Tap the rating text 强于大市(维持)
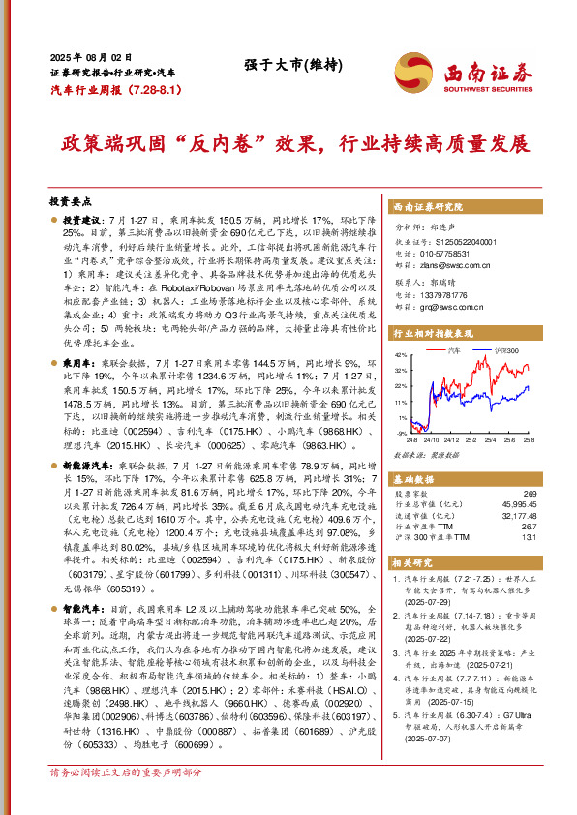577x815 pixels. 287,65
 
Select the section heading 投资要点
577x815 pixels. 70,201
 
